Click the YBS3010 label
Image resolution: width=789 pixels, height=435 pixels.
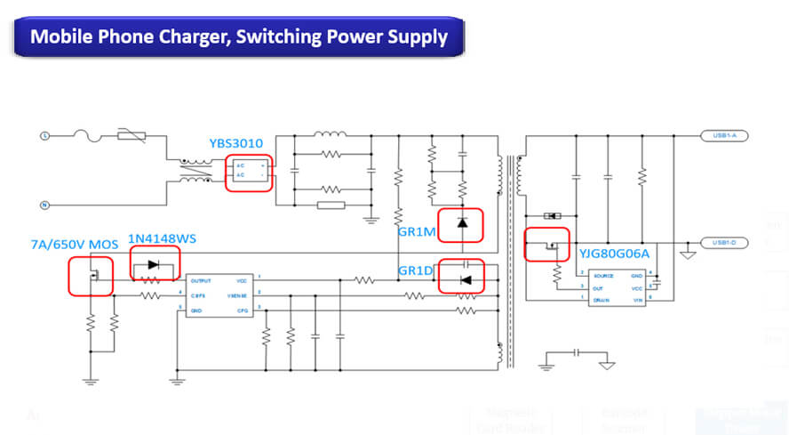[x=235, y=143]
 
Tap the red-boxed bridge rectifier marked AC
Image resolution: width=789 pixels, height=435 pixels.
[x=249, y=173]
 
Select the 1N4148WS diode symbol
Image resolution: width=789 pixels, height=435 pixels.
[x=155, y=264]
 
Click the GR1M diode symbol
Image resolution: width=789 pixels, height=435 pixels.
[x=461, y=223]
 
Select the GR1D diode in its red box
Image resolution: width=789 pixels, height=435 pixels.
[x=462, y=278]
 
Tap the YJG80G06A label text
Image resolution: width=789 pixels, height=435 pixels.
[x=614, y=254]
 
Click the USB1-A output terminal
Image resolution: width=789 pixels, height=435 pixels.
[x=724, y=136]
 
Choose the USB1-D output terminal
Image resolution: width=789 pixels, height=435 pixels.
[x=724, y=242]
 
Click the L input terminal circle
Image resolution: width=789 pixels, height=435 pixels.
[x=44, y=136]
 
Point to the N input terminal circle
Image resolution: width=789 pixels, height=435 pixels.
[x=44, y=205]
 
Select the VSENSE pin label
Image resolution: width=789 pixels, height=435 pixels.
[x=235, y=294]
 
